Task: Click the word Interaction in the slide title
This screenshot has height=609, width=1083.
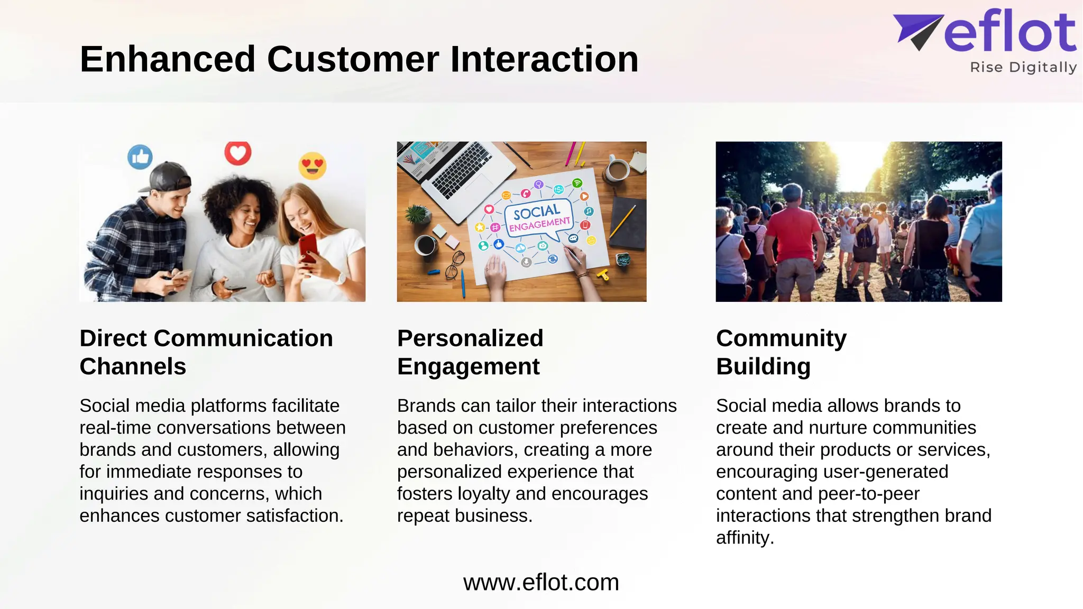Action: tap(544, 59)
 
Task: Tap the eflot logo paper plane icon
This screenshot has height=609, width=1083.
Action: tap(917, 31)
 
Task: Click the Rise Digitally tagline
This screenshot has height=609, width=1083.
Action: tap(1023, 68)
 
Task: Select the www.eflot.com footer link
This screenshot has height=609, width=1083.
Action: tap(541, 583)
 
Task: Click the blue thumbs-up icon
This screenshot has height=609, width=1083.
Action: tap(140, 157)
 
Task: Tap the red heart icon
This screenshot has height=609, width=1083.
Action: tap(237, 153)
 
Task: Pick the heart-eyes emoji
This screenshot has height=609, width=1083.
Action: tap(312, 165)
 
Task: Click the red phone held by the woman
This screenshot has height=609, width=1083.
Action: tap(308, 247)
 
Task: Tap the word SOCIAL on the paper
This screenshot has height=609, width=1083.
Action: tap(536, 213)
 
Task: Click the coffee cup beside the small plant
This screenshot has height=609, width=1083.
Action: tap(425, 245)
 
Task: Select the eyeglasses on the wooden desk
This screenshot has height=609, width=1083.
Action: tap(454, 265)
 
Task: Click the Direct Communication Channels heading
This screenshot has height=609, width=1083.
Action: tap(206, 352)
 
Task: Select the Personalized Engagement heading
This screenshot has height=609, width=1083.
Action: tap(470, 352)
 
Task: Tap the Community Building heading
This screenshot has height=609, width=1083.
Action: tap(781, 352)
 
